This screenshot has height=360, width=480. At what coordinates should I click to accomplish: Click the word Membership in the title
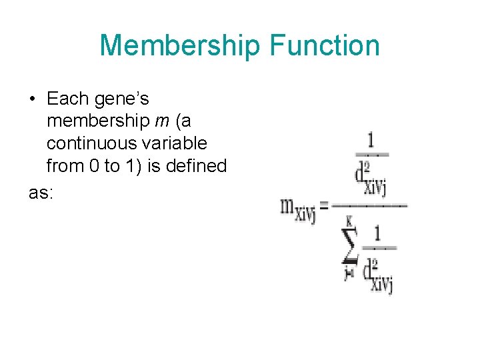coord(180,46)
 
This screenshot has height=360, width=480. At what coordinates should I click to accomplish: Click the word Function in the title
coord(325,46)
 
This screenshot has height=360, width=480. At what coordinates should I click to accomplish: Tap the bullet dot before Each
coord(32,99)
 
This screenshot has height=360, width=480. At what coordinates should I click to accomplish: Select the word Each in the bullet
coord(67,99)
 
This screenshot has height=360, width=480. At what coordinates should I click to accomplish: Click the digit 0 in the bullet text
coord(93,165)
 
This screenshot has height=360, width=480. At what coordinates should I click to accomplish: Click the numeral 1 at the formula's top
coord(370,141)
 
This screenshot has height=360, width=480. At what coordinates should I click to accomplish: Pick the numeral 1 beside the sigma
coord(377,234)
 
